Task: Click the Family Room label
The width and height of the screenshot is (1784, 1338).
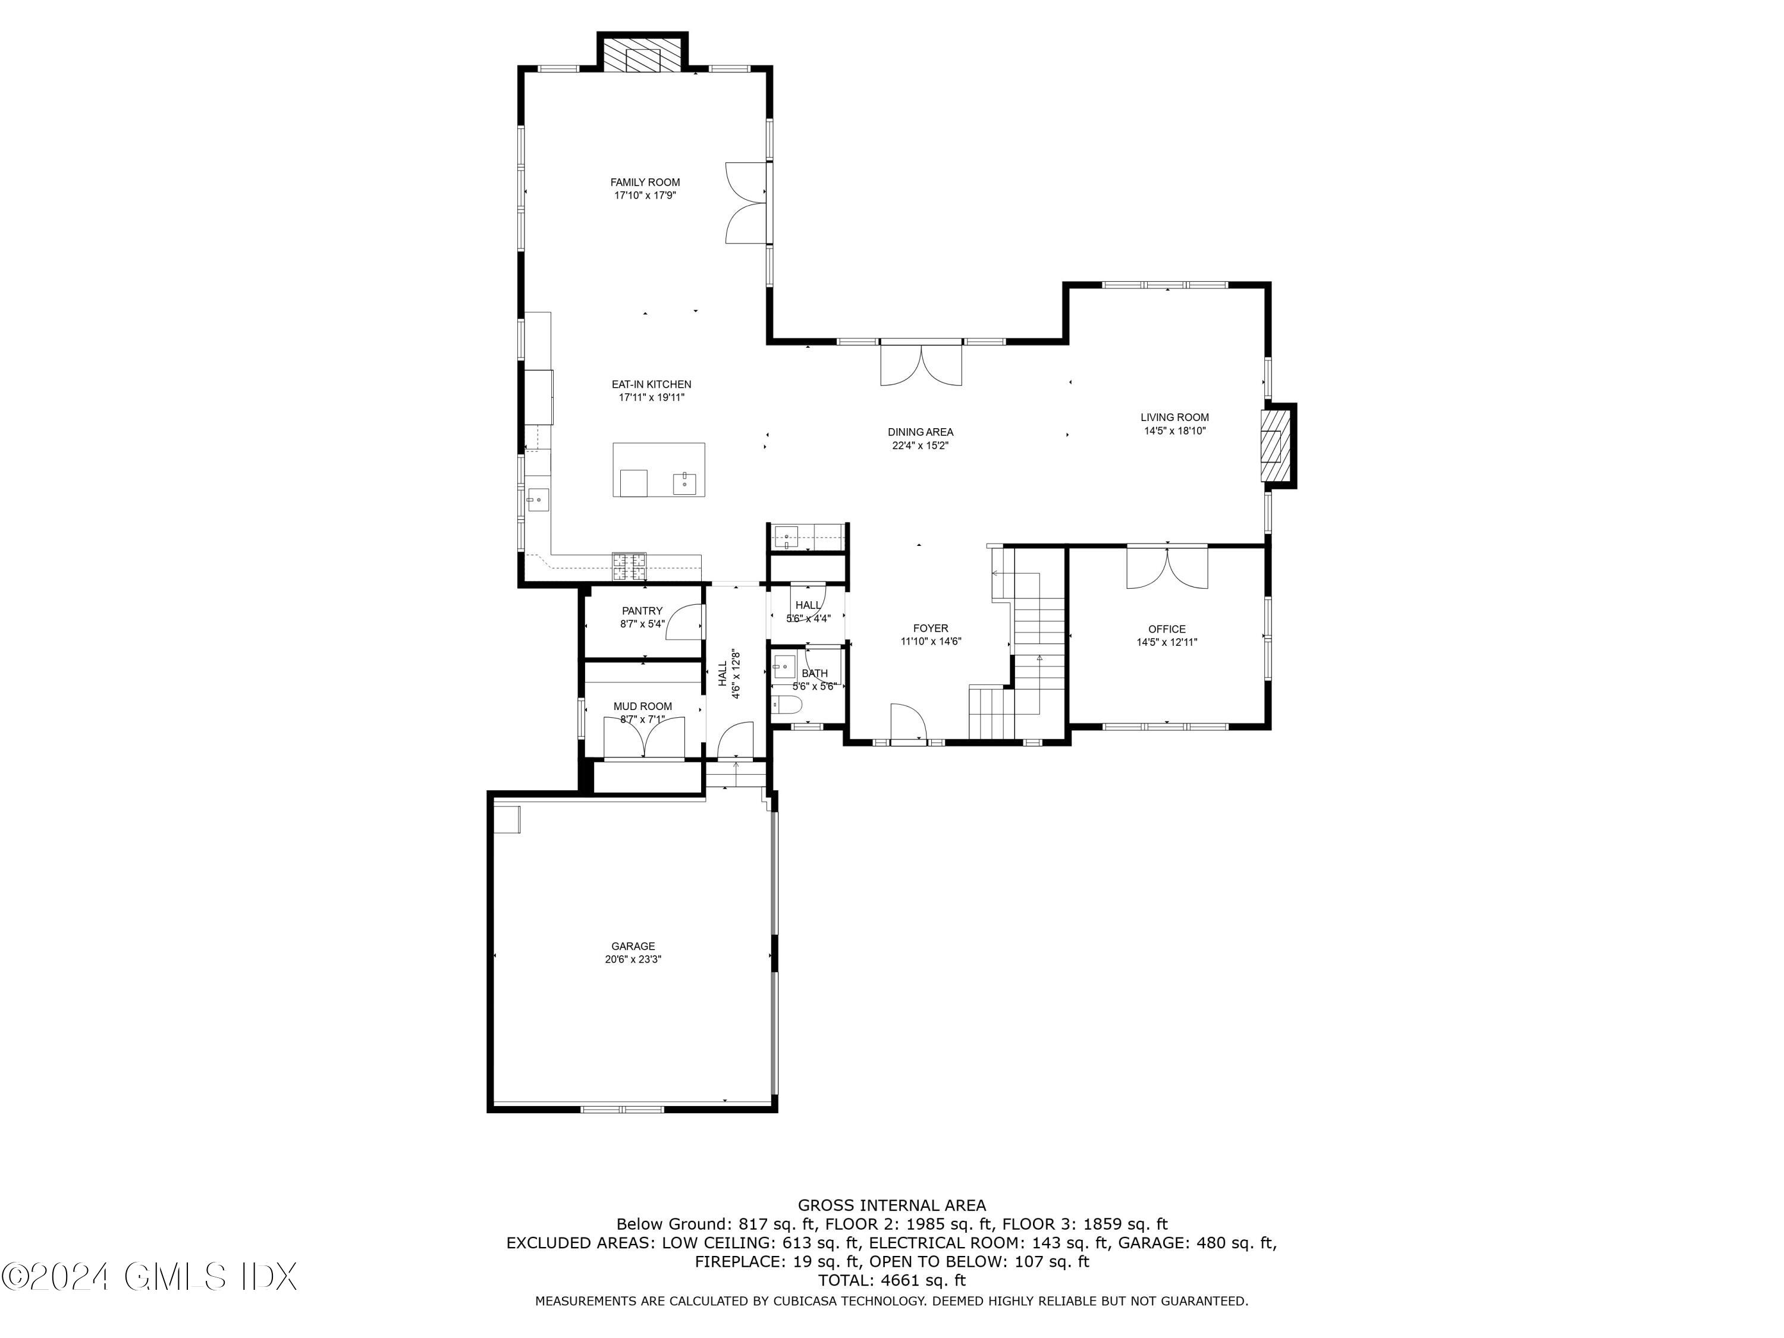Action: (645, 183)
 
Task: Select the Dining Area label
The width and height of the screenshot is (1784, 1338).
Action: (920, 432)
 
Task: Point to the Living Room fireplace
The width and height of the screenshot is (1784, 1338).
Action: (1277, 446)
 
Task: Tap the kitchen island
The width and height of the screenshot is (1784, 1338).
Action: (658, 469)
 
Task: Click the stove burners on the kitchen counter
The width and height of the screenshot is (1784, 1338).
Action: (629, 566)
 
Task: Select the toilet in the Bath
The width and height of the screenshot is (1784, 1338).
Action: (786, 707)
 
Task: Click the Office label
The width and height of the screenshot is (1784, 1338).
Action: (1167, 629)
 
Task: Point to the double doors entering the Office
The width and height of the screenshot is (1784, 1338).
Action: (1167, 567)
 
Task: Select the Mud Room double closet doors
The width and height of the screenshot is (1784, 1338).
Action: (645, 736)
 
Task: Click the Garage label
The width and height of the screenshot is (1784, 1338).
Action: (633, 946)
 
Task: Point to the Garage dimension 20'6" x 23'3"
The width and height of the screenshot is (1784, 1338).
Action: (633, 960)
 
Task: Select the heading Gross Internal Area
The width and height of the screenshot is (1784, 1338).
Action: (891, 1205)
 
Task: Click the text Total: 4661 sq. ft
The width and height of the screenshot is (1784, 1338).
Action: (891, 1279)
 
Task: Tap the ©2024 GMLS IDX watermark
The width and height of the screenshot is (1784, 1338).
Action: (149, 1276)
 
